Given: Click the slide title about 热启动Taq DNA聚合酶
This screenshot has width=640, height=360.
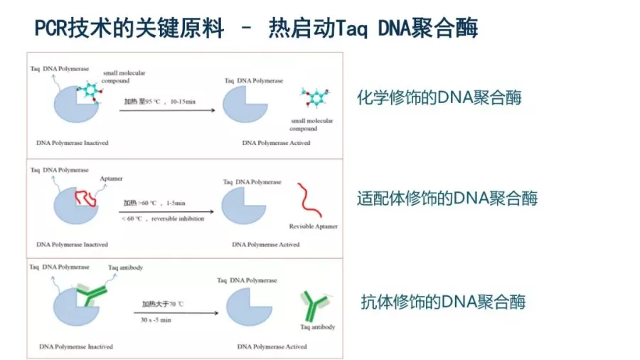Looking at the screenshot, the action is (256, 28).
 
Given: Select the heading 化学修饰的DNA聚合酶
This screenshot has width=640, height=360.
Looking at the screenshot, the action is (439, 97).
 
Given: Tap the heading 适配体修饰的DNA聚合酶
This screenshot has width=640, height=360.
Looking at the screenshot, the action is (447, 198).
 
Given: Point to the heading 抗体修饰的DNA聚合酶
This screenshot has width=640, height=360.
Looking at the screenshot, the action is (443, 302).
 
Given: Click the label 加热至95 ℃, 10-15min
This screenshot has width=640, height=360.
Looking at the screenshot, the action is (160, 101).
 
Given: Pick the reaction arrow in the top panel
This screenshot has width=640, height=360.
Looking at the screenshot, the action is (167, 110).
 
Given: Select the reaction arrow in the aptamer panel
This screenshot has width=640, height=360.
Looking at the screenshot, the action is (166, 211).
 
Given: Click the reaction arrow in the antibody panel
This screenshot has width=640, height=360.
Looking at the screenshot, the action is (176, 313).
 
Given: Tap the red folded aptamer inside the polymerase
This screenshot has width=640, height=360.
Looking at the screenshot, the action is (85, 198).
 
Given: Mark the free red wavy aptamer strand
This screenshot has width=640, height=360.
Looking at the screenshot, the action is (309, 200).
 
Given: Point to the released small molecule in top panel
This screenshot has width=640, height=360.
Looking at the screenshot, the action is (316, 97).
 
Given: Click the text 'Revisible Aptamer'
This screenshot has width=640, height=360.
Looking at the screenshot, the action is (314, 226).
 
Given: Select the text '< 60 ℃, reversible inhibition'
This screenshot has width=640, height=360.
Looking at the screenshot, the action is (162, 219).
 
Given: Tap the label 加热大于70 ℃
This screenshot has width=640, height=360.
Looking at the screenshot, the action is (163, 304).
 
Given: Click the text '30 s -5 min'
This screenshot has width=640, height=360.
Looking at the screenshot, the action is (156, 320).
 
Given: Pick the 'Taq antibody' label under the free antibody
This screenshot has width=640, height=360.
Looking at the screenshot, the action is (318, 327).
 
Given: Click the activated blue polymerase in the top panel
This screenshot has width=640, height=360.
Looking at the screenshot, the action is (245, 104).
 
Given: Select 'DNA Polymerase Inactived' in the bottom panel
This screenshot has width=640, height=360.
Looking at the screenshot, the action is (76, 346).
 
